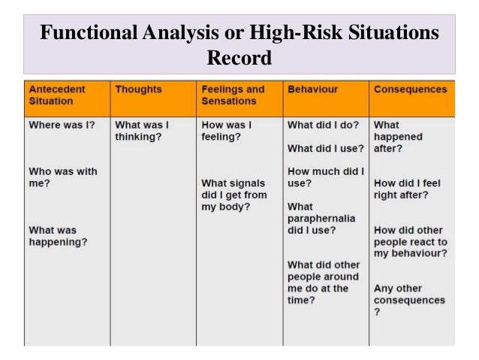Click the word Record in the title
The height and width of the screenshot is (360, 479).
point(239,56)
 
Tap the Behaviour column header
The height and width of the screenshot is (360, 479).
point(312,89)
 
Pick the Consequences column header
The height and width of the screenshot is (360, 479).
point(410,89)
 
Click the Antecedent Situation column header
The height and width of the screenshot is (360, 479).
point(57,95)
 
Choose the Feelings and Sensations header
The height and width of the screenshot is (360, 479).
point(233,95)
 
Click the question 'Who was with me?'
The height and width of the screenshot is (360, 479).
point(63,177)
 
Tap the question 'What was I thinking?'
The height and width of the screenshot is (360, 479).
point(142,131)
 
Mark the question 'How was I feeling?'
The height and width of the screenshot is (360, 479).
point(226,131)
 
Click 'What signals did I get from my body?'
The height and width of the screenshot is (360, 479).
point(233,195)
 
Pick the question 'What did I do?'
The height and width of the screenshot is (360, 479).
point(324,125)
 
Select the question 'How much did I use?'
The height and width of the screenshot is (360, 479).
point(326,177)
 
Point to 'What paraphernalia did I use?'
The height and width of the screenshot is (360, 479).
point(321,219)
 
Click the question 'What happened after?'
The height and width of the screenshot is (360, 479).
point(398,137)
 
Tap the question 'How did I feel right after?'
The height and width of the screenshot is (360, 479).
point(407,189)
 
